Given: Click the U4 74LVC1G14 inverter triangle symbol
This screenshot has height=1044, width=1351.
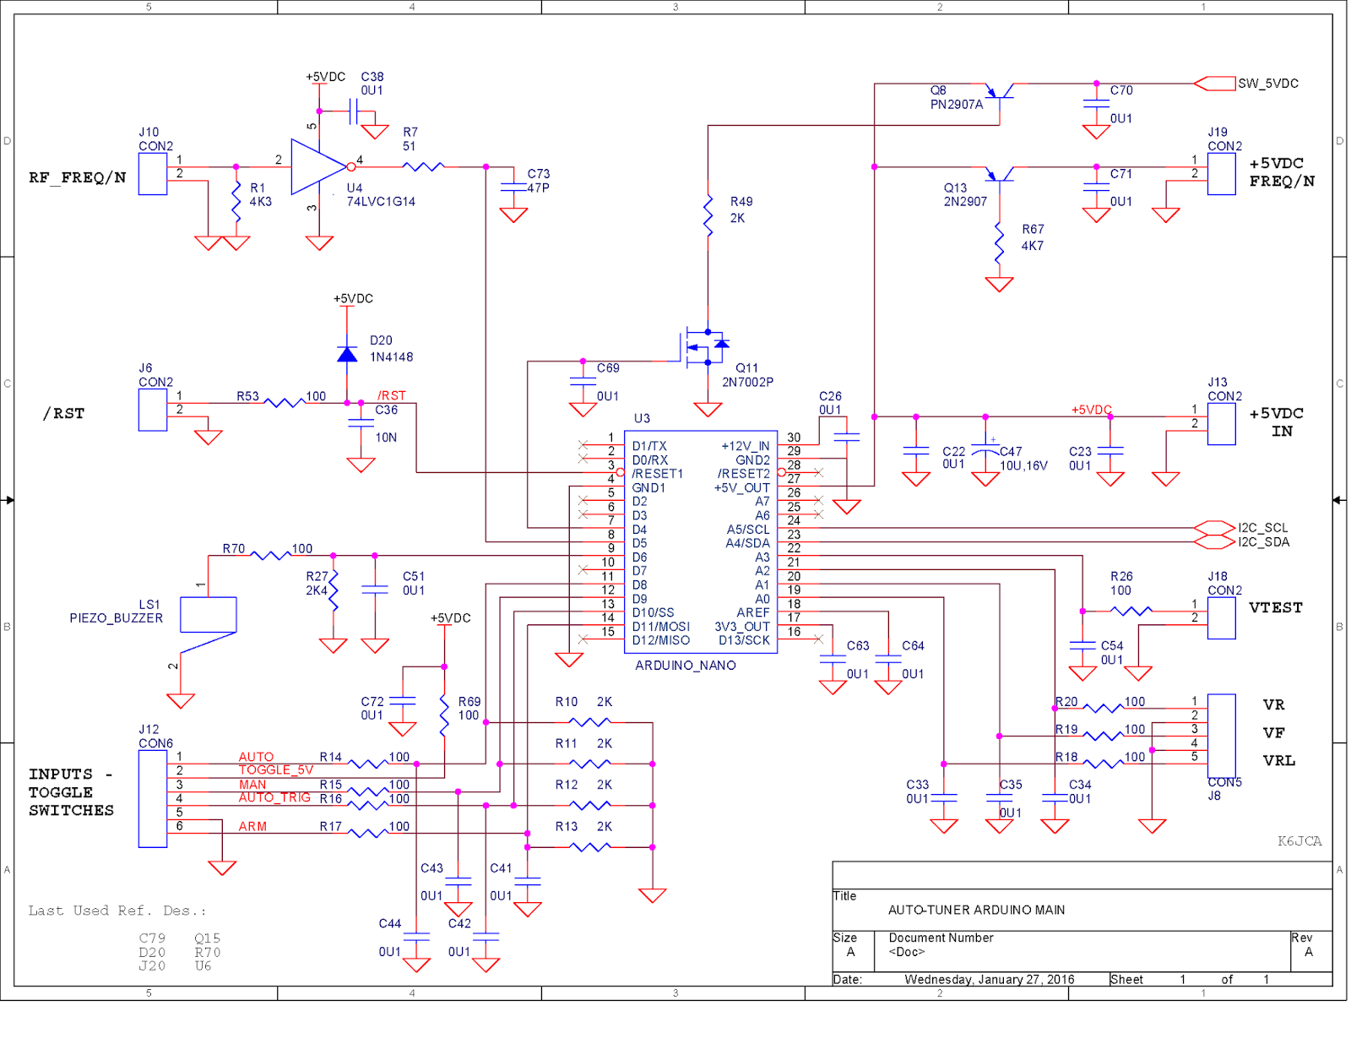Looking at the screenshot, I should tap(316, 166).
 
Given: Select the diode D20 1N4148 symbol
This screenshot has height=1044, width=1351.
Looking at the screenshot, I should tap(346, 354).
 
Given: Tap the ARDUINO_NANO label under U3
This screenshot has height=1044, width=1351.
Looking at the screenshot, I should tap(685, 666).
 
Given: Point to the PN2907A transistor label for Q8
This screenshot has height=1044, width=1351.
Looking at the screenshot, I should tap(956, 105).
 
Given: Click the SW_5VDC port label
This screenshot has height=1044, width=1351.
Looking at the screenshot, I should tap(1267, 84).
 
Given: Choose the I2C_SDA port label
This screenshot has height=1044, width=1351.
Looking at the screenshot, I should tap(1263, 542).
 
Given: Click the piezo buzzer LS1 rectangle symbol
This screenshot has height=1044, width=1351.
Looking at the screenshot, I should tap(208, 614).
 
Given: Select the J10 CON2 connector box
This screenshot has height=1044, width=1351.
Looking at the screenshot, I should tap(153, 174).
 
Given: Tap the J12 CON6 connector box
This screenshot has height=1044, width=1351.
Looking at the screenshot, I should tap(153, 798).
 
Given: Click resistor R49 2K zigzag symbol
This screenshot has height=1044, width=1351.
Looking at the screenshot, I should tap(708, 216).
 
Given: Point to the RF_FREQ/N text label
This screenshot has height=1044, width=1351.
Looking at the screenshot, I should tap(77, 177).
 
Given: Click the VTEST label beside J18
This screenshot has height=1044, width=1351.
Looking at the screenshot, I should tap(1275, 607).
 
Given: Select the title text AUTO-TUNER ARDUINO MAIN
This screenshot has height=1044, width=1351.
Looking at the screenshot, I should tap(975, 910).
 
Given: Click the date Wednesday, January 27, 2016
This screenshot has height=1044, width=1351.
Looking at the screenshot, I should tap(989, 979).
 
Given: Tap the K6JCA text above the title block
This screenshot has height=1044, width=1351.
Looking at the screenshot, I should tap(1299, 840).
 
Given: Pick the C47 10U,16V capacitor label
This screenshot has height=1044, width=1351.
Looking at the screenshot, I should tap(1023, 459).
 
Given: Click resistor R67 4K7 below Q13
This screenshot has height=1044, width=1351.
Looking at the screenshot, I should tap(999, 242).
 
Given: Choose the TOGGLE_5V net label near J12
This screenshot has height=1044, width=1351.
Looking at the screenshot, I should tap(275, 769).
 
